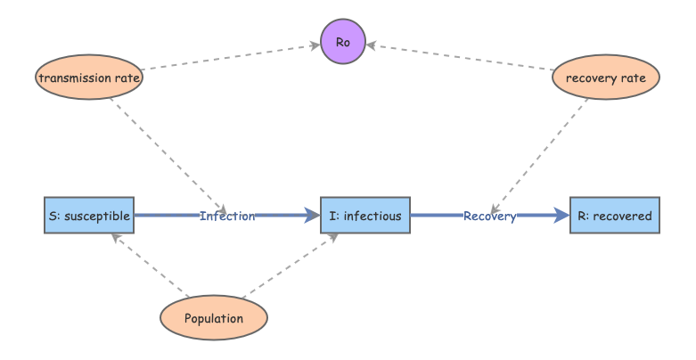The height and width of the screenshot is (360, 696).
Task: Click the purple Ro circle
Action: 343,43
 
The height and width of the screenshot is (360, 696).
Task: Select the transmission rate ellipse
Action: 89,78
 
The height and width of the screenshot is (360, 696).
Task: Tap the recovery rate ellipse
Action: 606,78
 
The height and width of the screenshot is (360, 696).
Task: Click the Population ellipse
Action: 214,318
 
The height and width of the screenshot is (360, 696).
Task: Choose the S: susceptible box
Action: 89,216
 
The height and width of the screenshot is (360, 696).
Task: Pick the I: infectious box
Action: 365,216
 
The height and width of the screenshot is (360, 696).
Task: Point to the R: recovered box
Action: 615,216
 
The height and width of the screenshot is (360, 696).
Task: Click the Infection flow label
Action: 227,216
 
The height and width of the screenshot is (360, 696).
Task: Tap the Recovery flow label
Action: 489,216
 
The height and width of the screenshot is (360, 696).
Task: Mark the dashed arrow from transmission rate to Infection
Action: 169,151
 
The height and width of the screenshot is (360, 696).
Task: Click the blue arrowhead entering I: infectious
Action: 312,216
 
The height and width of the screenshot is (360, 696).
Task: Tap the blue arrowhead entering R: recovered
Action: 561,216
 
